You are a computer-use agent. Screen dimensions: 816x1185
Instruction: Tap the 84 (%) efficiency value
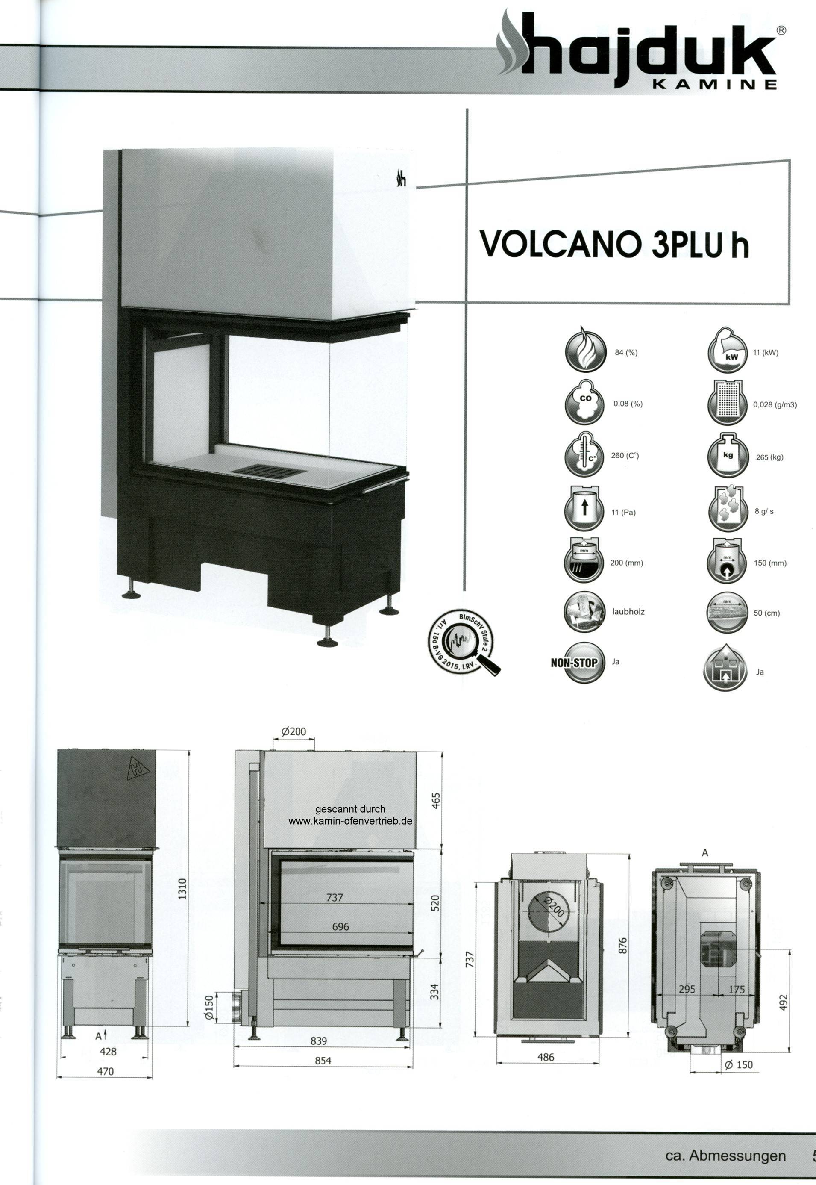coord(626,352)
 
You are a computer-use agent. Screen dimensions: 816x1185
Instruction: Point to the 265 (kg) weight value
coord(769,457)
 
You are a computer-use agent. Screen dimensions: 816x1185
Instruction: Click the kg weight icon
coord(728,456)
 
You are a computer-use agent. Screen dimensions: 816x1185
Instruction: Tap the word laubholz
coord(628,612)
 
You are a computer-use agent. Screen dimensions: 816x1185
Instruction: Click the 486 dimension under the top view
coord(546,1057)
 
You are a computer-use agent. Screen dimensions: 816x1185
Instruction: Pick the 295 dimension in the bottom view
coord(687,990)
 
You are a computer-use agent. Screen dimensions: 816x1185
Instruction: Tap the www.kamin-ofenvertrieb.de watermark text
coord(350,821)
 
